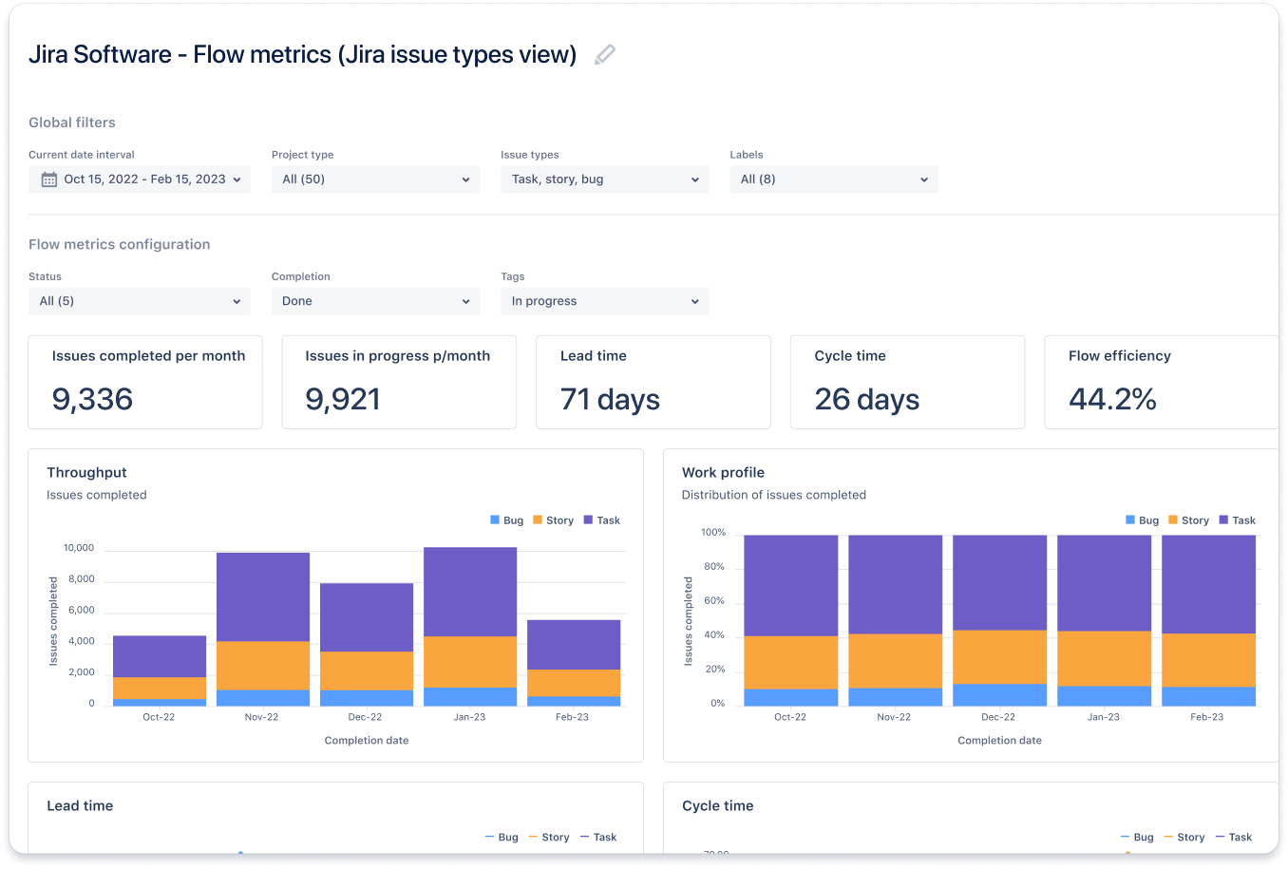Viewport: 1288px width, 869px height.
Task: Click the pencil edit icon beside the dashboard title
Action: coord(604,55)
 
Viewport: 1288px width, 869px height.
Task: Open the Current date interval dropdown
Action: coord(140,179)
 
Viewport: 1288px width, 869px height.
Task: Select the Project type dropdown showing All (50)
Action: coord(375,179)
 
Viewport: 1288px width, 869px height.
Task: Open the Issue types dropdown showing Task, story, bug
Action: coord(604,179)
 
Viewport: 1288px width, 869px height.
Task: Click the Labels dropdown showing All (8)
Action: coord(833,179)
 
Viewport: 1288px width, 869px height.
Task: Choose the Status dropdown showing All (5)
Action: coord(140,301)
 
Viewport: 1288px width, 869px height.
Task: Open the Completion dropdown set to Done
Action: coord(375,301)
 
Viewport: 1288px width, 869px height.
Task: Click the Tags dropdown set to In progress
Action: coord(604,301)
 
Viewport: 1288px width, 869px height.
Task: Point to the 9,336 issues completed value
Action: coord(92,400)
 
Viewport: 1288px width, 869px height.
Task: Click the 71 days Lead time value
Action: coord(610,400)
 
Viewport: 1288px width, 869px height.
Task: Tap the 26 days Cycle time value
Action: coord(866,400)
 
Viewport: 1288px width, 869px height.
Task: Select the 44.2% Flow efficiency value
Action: coord(1112,400)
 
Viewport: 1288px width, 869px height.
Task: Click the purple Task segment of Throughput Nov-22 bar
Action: coord(263,596)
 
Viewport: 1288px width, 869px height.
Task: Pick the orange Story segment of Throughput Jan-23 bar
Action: coord(470,661)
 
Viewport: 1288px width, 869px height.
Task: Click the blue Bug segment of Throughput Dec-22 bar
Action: coord(367,698)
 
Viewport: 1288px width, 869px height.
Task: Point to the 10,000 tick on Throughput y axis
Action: coord(79,548)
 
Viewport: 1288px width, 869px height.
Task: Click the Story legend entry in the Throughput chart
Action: coord(554,520)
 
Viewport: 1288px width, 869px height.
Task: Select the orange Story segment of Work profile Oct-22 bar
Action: coord(790,662)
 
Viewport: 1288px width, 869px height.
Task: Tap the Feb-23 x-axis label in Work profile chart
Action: coord(1206,717)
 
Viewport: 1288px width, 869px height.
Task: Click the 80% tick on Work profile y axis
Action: coord(713,567)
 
